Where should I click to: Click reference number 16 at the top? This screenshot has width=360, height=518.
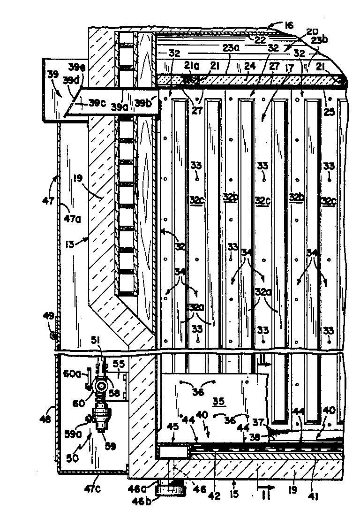289,25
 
